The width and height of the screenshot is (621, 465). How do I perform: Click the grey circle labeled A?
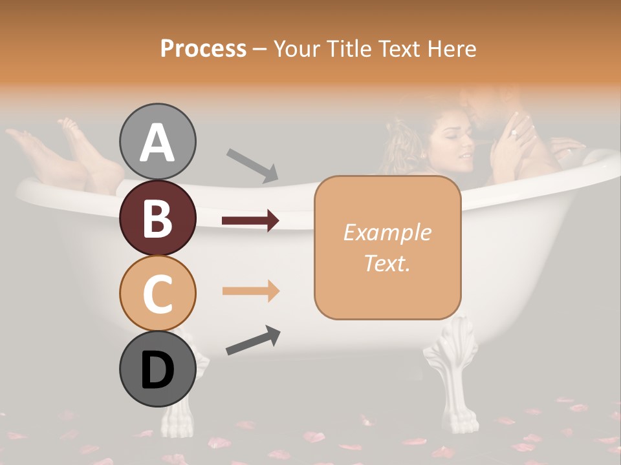[x=157, y=141]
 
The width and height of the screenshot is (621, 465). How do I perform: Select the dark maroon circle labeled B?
[x=157, y=218]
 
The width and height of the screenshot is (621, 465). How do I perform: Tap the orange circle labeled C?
[x=157, y=293]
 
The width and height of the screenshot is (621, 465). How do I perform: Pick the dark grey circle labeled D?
[x=157, y=369]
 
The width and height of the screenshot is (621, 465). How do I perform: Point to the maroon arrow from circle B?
[x=250, y=221]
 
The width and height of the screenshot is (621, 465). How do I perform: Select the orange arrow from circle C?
[x=250, y=291]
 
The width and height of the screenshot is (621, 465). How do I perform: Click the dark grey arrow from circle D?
[x=253, y=340]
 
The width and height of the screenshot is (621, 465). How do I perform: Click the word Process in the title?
[x=203, y=48]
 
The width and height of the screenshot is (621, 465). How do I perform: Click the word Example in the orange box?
[x=387, y=232]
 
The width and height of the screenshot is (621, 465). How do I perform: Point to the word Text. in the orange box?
[x=387, y=263]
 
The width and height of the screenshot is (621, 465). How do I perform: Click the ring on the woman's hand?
[x=514, y=134]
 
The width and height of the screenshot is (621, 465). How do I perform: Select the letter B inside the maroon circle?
[x=157, y=218]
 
